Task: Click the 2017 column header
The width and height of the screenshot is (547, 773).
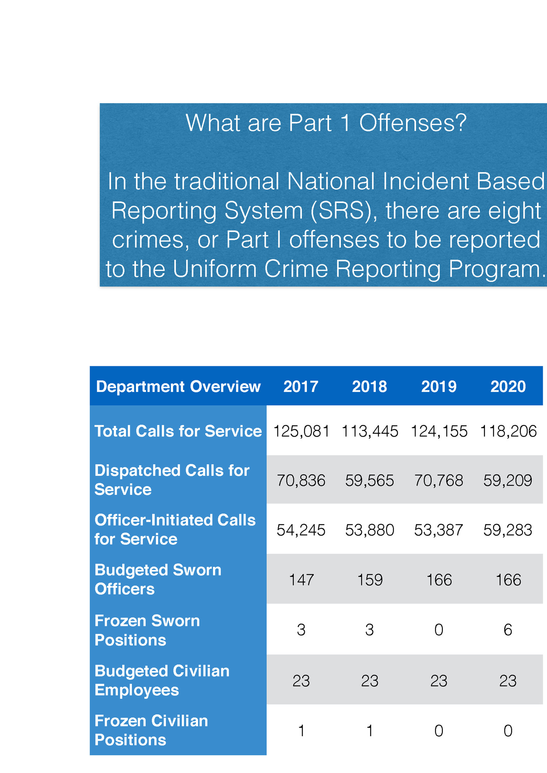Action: (301, 386)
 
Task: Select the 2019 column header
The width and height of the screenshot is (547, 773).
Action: (439, 386)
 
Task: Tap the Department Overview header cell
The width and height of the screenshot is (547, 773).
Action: (178, 386)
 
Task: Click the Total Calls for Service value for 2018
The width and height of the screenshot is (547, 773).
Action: (370, 431)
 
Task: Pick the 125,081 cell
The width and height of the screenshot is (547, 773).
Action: (301, 431)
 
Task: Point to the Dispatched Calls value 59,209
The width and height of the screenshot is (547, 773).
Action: (508, 480)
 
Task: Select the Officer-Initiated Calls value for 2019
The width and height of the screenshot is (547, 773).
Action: (439, 530)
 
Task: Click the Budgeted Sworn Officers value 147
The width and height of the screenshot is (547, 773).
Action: (301, 580)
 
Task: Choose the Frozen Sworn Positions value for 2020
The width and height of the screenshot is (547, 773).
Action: (508, 630)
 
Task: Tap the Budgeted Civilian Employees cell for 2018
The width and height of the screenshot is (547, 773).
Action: (370, 681)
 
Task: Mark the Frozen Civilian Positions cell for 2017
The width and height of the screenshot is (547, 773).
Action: (301, 731)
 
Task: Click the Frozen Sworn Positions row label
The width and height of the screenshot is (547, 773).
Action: (147, 630)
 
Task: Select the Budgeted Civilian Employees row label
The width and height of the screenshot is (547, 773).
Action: (162, 680)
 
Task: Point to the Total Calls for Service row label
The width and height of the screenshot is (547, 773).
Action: (178, 431)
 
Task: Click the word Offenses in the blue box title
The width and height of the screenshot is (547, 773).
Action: (413, 123)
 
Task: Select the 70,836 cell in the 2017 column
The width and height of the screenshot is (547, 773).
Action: (301, 480)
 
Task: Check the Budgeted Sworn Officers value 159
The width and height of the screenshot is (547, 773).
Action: (370, 580)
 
